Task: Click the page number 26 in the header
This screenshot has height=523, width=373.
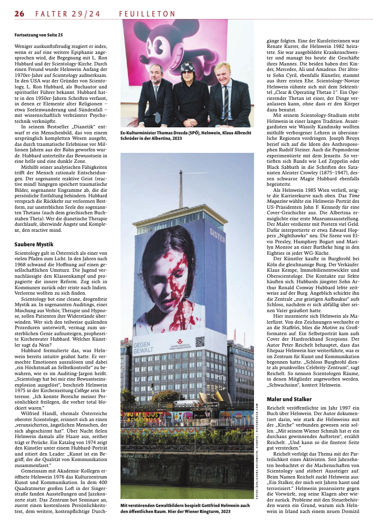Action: tap(19, 14)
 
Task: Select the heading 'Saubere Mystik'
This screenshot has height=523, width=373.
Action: tap(33, 244)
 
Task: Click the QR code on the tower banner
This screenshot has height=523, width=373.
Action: tap(199, 341)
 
